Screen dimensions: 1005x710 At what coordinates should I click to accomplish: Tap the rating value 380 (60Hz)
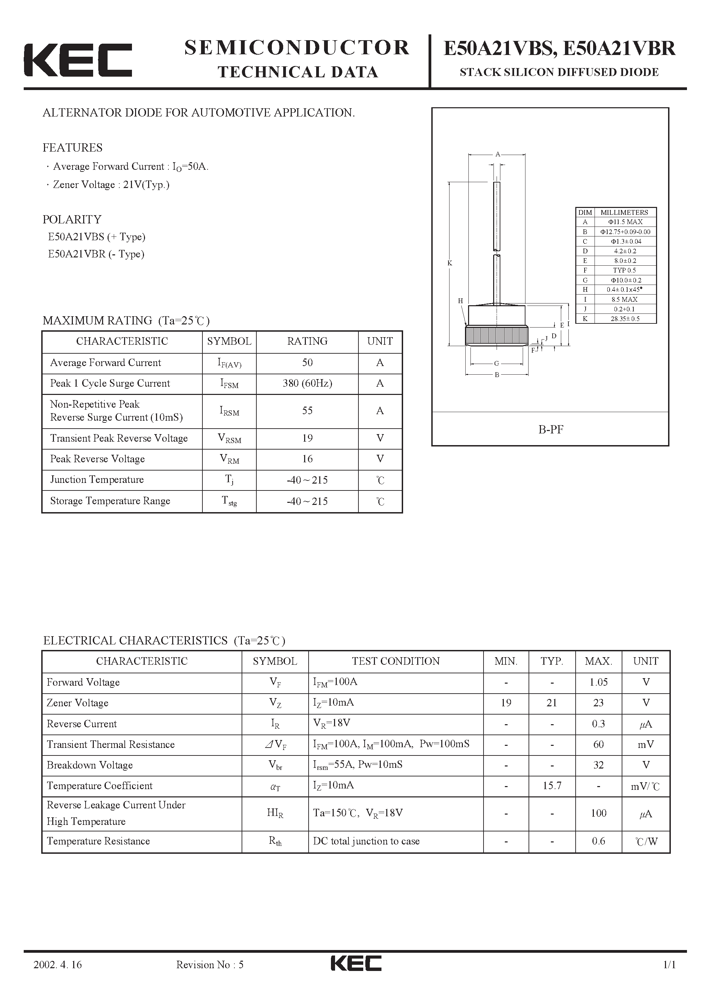307,384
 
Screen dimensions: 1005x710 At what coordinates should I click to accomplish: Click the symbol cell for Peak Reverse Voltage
229,459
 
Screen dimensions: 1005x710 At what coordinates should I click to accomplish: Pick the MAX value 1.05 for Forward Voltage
598,682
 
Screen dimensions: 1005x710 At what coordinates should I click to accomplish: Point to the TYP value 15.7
552,786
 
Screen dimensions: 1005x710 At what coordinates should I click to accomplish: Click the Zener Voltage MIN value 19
506,703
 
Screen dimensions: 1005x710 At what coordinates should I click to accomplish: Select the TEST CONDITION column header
396,661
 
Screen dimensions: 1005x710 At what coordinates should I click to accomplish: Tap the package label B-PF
551,429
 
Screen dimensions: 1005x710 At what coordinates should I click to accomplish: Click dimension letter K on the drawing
450,263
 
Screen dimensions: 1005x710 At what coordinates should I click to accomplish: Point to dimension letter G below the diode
496,363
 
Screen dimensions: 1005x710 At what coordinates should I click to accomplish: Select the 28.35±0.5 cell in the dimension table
625,319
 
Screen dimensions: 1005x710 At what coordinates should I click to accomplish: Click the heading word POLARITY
72,219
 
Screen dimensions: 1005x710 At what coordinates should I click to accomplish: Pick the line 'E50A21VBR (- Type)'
96,254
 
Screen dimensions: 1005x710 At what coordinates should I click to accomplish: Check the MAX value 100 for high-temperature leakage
598,813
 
